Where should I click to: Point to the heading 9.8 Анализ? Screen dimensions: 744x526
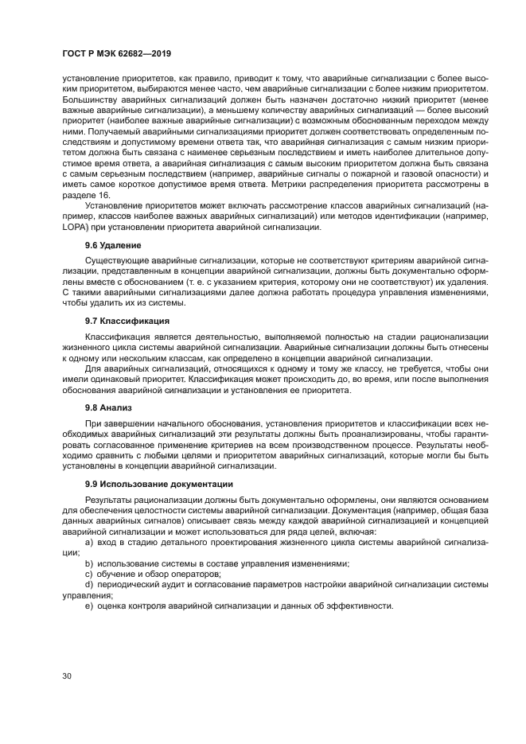pos(109,407)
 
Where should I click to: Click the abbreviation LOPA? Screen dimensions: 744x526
pos(74,228)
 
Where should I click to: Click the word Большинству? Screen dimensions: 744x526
pos(92,102)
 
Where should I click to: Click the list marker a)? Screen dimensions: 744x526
pos(89,541)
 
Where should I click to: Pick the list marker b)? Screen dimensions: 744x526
pos(89,563)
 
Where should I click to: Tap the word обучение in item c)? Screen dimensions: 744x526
pos(118,573)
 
